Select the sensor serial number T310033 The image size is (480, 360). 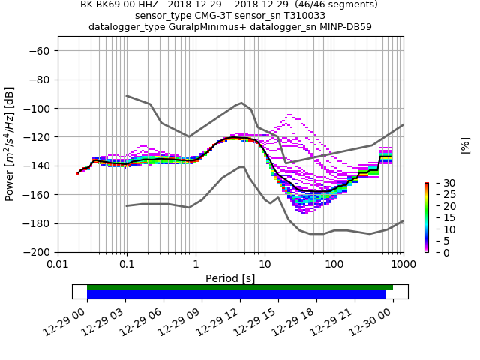tap(301, 16)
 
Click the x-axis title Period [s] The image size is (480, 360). tap(230, 278)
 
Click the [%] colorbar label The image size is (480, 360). tap(465, 145)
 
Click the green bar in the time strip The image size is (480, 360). tap(240, 287)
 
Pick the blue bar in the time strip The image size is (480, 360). tap(236, 295)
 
